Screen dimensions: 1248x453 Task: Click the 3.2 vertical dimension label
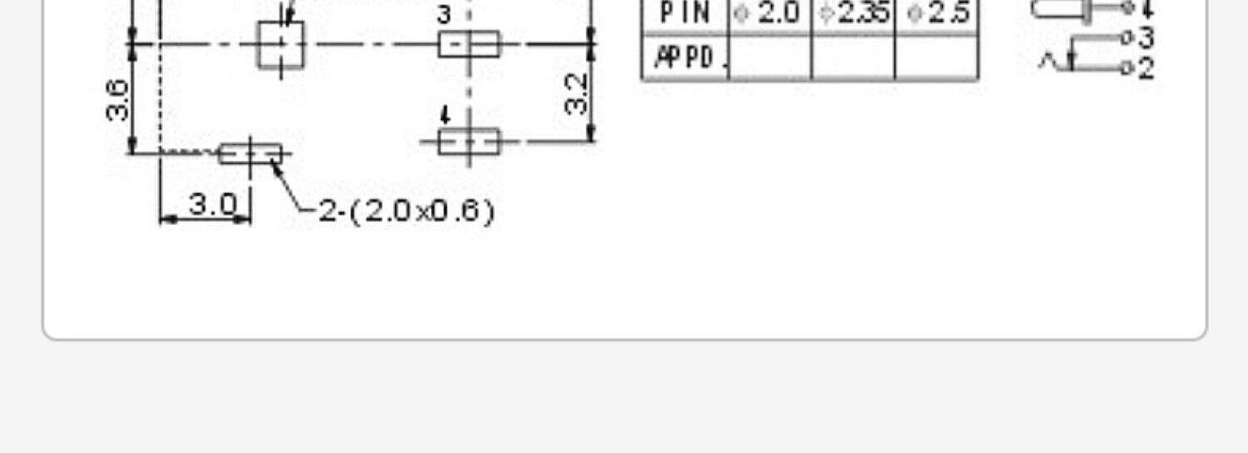coord(577,94)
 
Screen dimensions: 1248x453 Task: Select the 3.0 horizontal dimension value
coord(212,204)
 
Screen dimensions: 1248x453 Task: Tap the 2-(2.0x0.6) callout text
coord(407,211)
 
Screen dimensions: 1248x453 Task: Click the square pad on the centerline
coord(281,44)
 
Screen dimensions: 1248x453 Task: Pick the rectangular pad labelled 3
coord(469,43)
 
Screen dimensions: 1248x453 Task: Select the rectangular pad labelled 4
coord(469,142)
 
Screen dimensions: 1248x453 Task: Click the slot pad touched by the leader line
coord(250,154)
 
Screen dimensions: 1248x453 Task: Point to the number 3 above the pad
coord(444,15)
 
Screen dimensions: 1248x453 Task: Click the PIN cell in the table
coord(685,14)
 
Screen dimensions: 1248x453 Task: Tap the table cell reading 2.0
coord(770,14)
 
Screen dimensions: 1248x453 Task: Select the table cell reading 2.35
coord(853,14)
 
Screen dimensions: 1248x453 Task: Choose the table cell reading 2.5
coord(937,14)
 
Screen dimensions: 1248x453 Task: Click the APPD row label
coord(685,57)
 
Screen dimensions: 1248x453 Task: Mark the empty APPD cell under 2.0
coord(770,57)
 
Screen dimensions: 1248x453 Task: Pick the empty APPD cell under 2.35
coord(853,57)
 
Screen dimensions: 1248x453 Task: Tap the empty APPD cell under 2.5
coord(937,57)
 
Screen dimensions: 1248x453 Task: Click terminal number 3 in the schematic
coord(1146,37)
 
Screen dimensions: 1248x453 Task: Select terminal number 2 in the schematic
coord(1146,68)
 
